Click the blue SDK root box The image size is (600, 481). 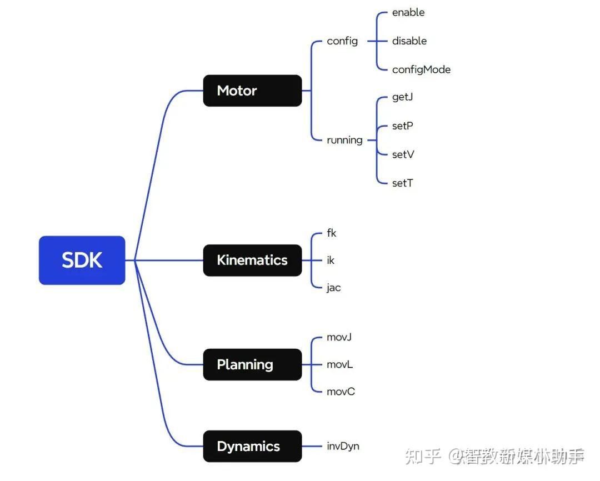pos(82,260)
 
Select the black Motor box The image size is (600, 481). pos(252,91)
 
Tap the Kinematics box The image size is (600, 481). pos(252,260)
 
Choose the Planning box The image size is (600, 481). pos(252,364)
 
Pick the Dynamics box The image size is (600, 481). pos(252,446)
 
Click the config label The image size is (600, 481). pos(342,41)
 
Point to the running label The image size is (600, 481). pos(344,140)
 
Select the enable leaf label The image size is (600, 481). pos(408,12)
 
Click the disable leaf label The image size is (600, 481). pos(409,41)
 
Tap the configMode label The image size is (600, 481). pos(421,69)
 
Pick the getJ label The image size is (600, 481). pos(402,97)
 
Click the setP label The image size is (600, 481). pos(402,126)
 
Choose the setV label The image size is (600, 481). pos(403,154)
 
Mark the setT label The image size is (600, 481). pos(402,183)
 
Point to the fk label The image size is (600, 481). pos(332,233)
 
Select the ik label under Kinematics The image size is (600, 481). pos(331,260)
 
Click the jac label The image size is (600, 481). pos(333,288)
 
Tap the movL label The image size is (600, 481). pos(340,364)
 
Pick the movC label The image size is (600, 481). pos(341,392)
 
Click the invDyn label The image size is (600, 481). pos(343,446)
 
